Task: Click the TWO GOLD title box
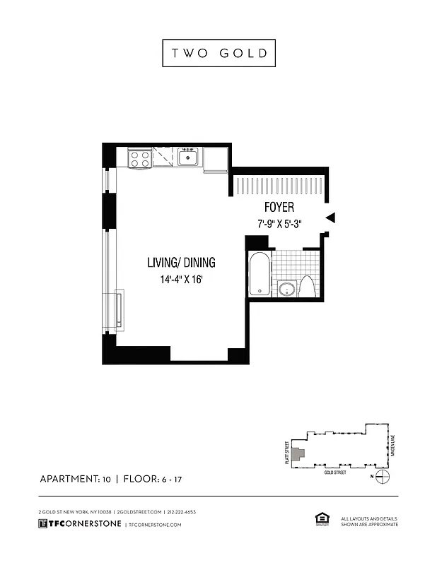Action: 218,53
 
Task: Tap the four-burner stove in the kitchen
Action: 139,158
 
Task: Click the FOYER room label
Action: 279,208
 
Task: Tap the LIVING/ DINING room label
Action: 181,263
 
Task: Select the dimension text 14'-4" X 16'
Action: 181,279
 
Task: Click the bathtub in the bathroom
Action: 259,274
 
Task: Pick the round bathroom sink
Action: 287,288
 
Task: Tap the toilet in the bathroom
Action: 308,287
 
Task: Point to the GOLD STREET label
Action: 334,472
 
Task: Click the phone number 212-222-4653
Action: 182,511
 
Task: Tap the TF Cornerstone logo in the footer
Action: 78,524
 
